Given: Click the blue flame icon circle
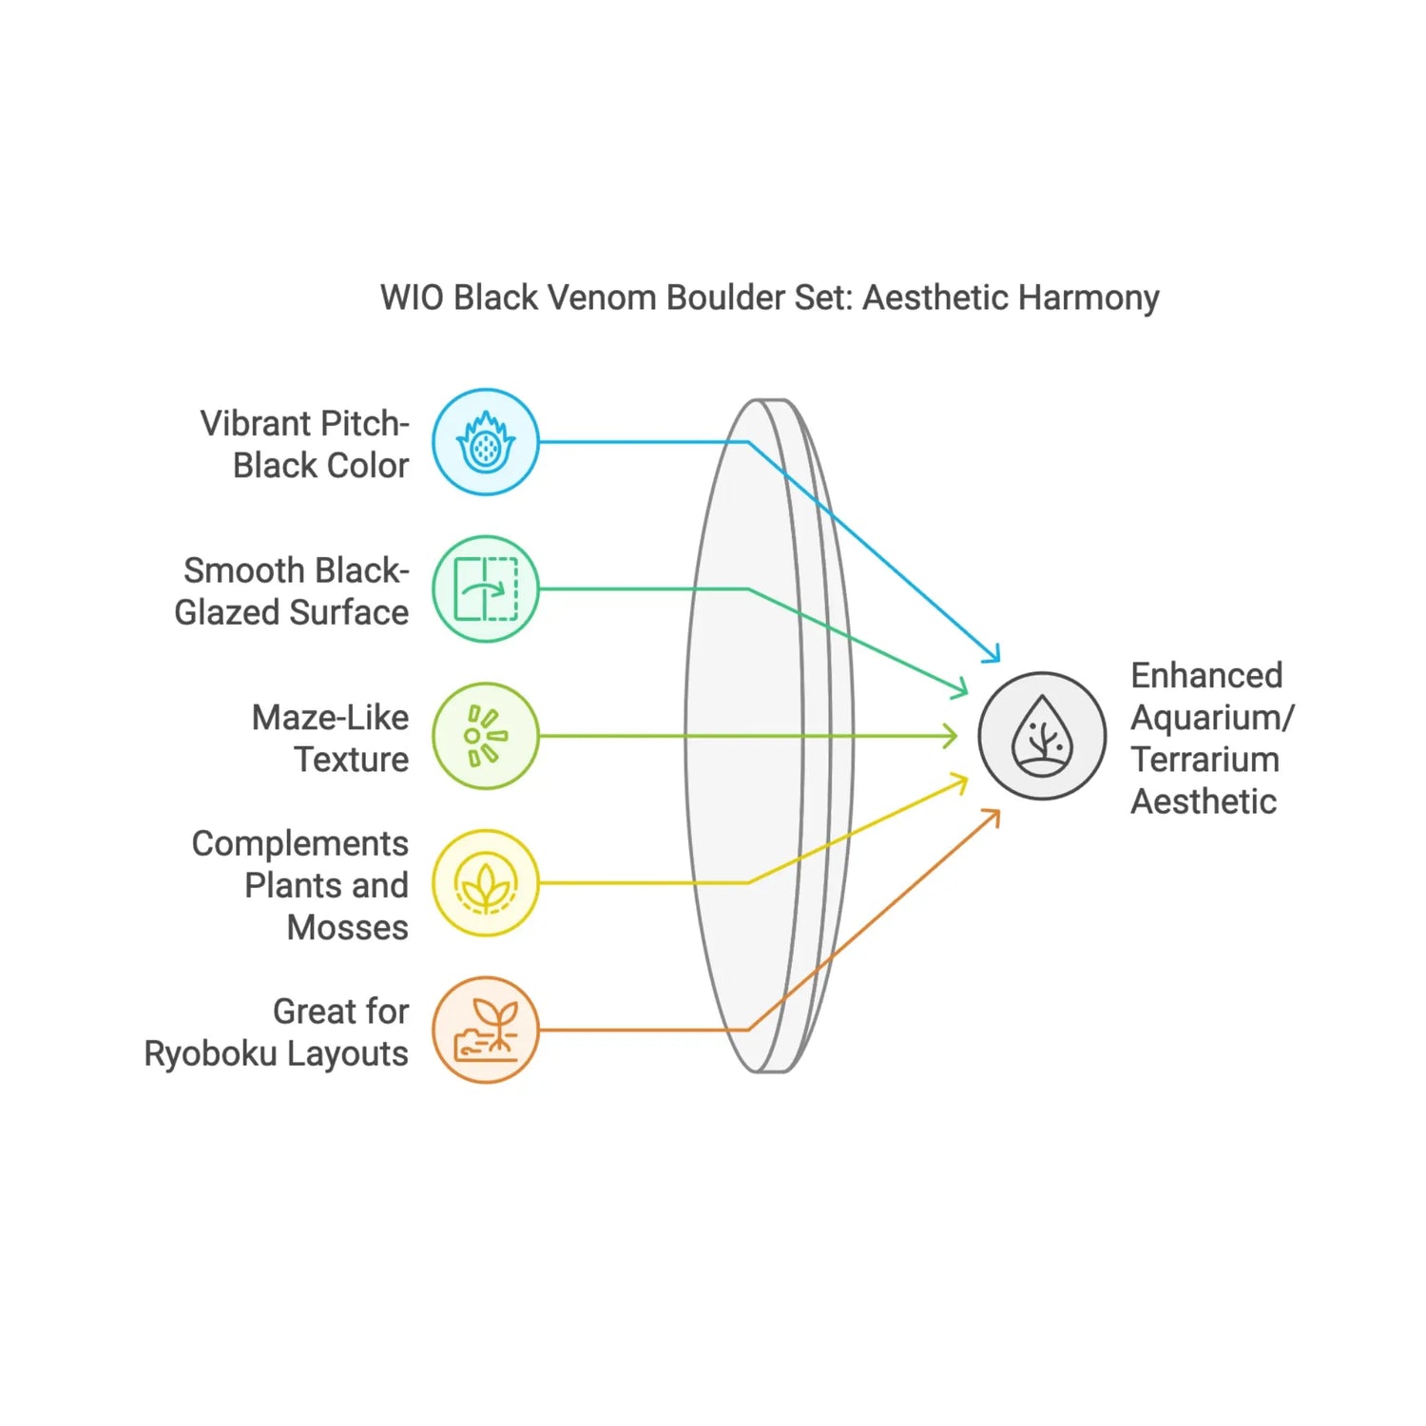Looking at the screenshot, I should (x=486, y=442).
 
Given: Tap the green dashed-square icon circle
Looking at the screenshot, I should (x=486, y=589).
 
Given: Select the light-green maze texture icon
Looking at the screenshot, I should (x=486, y=736).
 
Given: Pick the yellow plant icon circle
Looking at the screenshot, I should (x=486, y=883).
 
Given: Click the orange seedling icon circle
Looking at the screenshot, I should (x=486, y=1030).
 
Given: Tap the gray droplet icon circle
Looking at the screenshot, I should (x=1043, y=736).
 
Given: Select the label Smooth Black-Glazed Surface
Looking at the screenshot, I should (x=293, y=591).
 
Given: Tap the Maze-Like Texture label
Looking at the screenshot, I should (x=331, y=738).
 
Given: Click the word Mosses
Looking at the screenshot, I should (x=348, y=927).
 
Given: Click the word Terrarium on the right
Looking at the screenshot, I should (x=1204, y=760).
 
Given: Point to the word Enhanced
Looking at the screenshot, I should (x=1206, y=676).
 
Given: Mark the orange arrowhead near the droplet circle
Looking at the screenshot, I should (x=995, y=813).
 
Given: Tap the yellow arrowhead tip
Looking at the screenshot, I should (x=964, y=780).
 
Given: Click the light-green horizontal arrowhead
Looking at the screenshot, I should (x=954, y=736).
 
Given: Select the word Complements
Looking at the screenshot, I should (x=300, y=843).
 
